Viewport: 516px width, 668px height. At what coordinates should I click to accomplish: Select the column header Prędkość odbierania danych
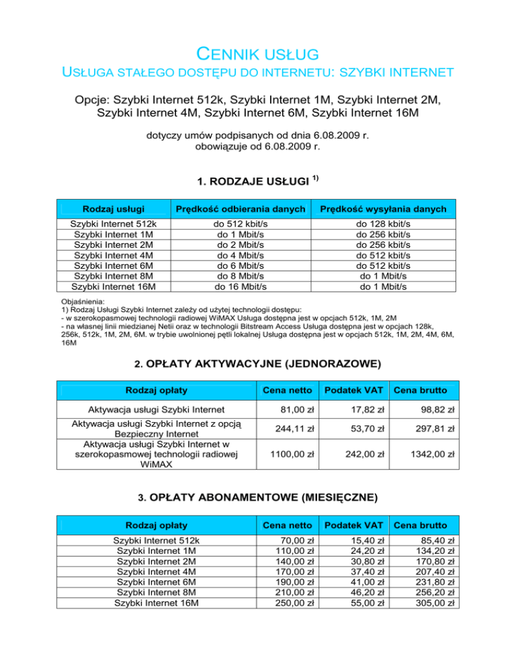[244, 210]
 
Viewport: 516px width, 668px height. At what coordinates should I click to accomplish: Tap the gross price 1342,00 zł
[429, 454]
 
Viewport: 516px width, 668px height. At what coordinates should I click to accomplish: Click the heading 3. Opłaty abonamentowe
[257, 498]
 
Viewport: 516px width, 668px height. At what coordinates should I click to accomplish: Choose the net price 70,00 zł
[300, 540]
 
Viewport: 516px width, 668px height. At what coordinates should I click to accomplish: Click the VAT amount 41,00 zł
[369, 582]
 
